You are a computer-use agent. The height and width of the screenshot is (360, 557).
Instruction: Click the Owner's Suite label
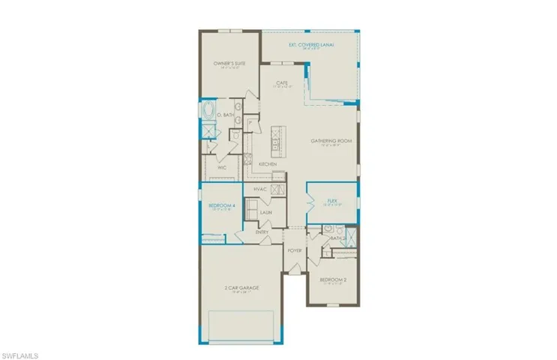(x=223, y=64)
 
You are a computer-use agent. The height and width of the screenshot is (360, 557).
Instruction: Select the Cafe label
(x=282, y=82)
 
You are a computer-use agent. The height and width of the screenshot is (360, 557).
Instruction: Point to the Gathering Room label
(x=331, y=141)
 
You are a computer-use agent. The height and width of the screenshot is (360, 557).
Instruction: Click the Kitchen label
(x=268, y=163)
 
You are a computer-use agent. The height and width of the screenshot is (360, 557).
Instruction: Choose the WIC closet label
(x=222, y=168)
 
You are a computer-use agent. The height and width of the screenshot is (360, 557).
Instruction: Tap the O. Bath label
(x=225, y=115)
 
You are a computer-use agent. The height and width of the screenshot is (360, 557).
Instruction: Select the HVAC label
(x=261, y=189)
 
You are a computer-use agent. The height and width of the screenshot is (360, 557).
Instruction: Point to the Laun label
(x=265, y=212)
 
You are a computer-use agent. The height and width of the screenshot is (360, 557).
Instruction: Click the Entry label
(x=262, y=232)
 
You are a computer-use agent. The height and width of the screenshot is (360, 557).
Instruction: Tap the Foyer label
(x=295, y=251)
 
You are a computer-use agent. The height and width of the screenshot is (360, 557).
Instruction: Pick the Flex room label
(x=332, y=200)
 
